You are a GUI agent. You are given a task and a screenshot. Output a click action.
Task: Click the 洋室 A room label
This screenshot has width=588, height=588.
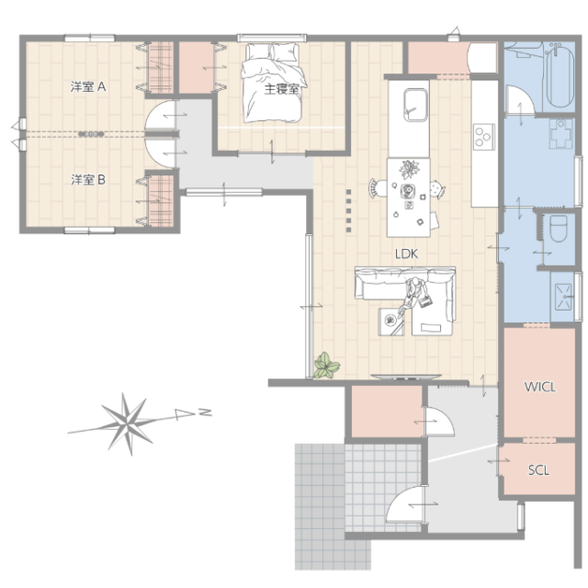click(88, 87)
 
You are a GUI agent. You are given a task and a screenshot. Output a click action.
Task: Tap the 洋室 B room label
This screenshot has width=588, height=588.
click(88, 180)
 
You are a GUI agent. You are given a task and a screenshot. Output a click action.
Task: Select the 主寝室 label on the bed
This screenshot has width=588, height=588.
click(282, 89)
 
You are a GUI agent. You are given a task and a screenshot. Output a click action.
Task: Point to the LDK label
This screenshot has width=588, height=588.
click(406, 254)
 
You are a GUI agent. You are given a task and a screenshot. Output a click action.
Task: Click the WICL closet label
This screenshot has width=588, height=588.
click(539, 387)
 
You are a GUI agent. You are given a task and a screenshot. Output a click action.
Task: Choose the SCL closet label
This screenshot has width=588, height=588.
click(538, 469)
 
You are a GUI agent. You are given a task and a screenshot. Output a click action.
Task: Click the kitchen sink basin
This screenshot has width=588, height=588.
click(415, 105)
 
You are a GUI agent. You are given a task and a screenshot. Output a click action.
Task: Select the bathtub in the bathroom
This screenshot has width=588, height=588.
click(560, 76)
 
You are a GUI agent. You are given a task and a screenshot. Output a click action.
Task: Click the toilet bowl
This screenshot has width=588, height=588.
click(559, 229)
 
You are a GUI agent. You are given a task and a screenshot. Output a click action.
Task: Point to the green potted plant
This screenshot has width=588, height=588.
click(327, 366)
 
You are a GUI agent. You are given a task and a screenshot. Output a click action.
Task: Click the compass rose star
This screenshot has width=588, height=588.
click(128, 424)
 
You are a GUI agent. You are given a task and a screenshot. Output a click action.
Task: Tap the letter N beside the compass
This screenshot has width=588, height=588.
click(205, 413)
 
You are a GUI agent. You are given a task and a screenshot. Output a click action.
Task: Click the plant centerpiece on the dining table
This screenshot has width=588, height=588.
click(409, 169)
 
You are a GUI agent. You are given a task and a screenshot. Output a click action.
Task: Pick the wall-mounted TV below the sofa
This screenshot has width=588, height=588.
click(406, 377)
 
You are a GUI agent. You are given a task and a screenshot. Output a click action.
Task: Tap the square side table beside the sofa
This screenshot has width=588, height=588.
click(391, 322)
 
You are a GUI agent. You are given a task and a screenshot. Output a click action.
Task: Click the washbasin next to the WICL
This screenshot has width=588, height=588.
click(563, 297)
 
